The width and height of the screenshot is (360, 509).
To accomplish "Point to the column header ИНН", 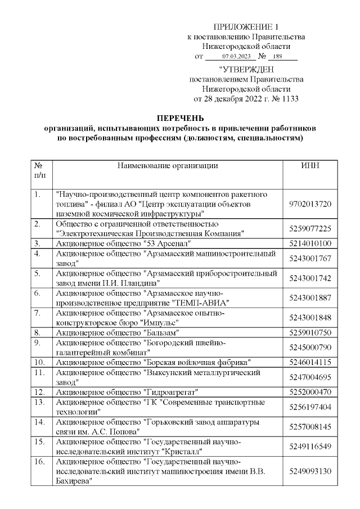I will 310,165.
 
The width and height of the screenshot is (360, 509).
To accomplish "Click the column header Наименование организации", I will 168,165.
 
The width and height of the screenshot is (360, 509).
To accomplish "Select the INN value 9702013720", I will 310,204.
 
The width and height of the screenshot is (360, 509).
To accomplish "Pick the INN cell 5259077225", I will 310,228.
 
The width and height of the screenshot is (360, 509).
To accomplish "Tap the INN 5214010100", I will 310,244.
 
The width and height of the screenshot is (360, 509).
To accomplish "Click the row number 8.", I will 37,332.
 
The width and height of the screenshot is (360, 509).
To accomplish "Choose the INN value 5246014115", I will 310,362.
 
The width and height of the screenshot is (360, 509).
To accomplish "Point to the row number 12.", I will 39,391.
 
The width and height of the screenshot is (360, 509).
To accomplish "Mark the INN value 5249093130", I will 310,471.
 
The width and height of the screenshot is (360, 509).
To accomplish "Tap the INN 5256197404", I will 310,406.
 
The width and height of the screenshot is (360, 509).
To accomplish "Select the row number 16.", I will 39,461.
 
